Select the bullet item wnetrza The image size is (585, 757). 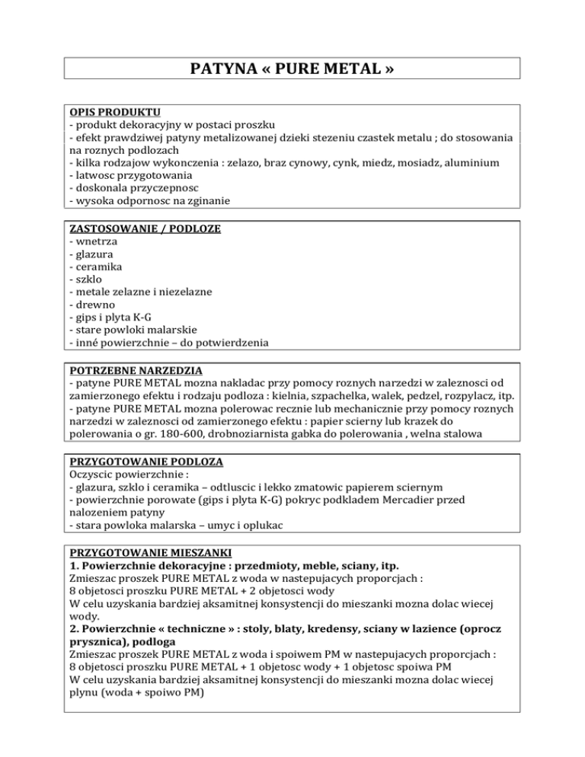(x=94, y=241)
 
